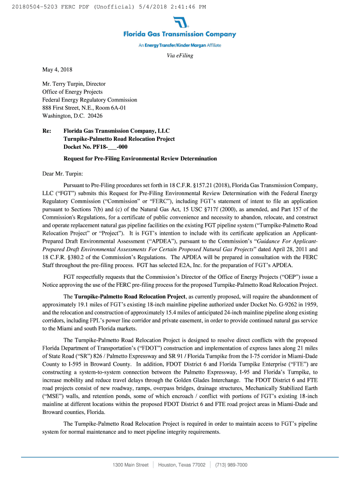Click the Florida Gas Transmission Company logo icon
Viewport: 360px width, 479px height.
point(180,22)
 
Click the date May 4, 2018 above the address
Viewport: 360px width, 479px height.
point(58,70)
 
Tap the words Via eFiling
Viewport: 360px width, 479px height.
point(180,56)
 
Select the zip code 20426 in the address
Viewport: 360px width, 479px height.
point(94,116)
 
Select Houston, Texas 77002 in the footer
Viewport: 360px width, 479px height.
point(182,465)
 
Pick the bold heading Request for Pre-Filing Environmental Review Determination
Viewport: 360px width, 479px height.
point(140,159)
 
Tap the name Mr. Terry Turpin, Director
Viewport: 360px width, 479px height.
point(74,84)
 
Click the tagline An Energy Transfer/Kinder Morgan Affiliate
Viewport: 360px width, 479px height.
point(180,45)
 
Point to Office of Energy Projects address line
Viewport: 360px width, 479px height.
point(72,92)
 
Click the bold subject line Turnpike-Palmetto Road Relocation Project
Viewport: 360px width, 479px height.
point(119,139)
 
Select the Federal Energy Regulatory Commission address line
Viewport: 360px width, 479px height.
point(90,100)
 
